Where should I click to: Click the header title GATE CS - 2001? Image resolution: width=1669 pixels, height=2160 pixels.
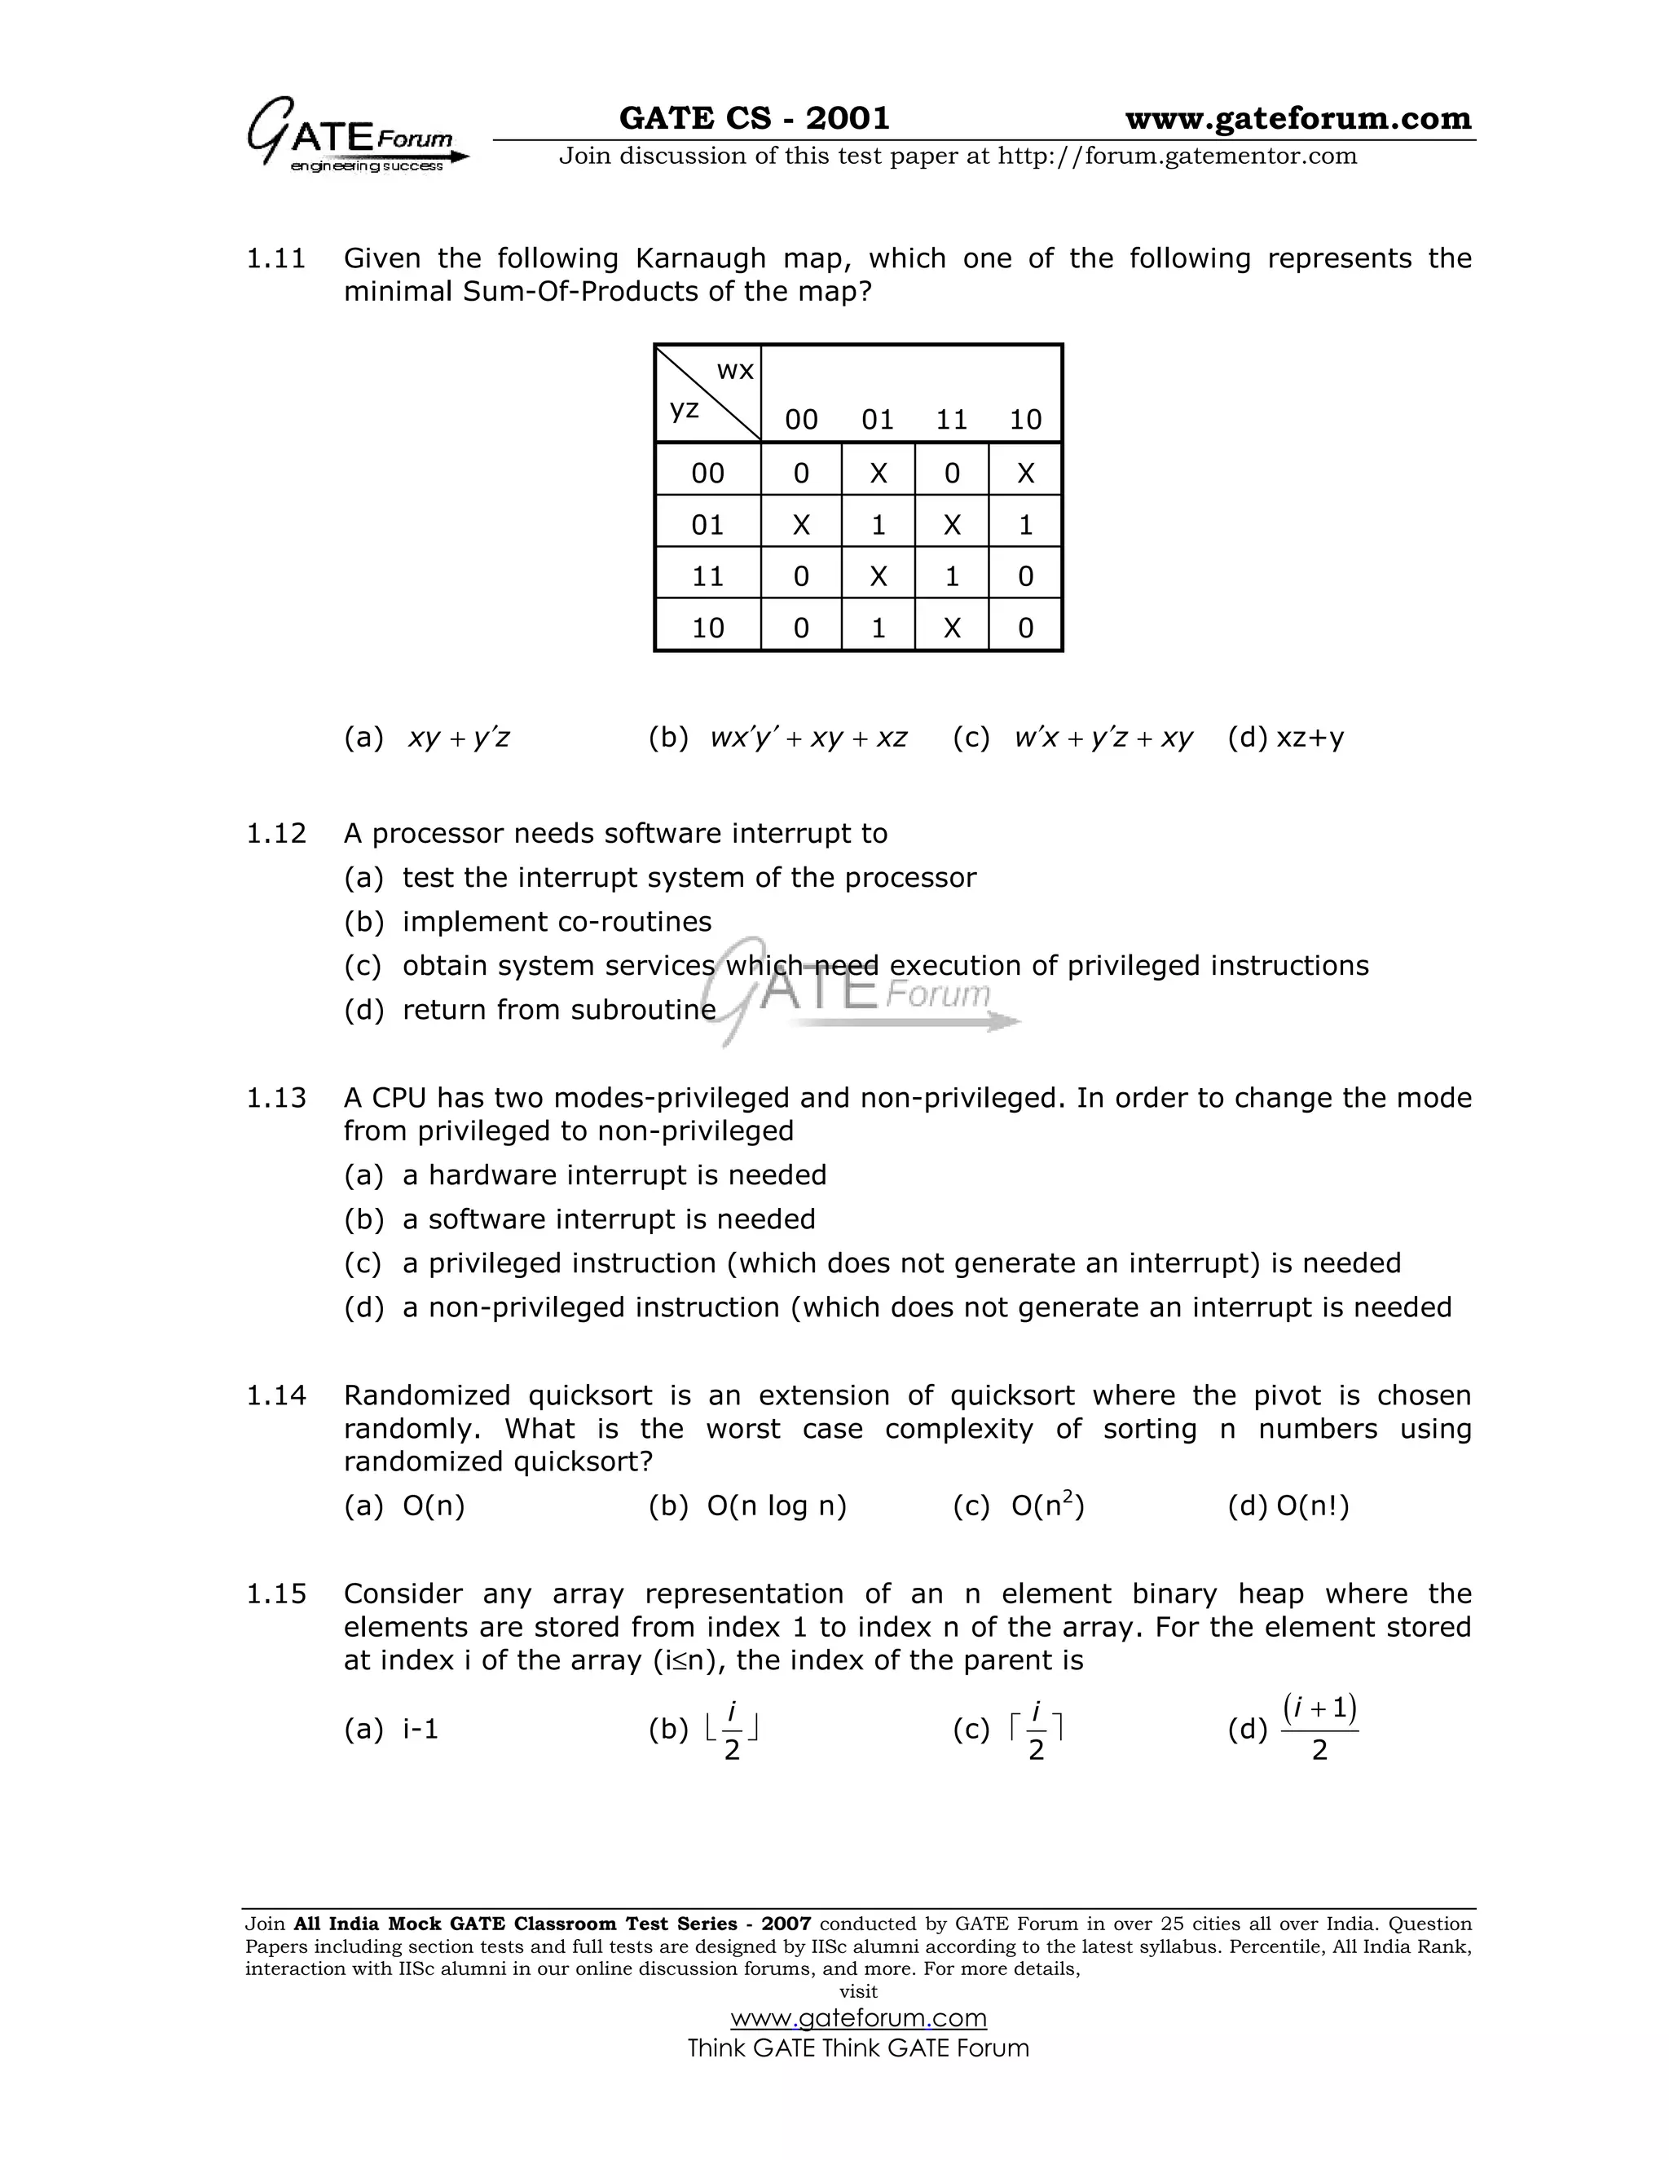(754, 119)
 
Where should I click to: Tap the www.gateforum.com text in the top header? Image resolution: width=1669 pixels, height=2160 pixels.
(1297, 119)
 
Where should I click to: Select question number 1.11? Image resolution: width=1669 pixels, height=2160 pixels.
(276, 259)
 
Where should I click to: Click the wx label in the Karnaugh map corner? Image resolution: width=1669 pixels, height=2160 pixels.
(734, 371)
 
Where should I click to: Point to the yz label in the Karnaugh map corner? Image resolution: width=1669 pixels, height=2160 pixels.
(685, 408)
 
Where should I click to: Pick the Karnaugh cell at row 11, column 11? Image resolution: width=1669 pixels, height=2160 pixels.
(951, 575)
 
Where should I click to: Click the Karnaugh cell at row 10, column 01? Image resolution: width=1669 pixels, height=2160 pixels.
(877, 627)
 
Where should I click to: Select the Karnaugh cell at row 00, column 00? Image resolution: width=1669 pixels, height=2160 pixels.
(801, 473)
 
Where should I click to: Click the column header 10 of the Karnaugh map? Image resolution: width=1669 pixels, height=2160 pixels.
(1025, 419)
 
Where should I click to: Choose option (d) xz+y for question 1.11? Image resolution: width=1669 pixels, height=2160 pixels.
(1285, 737)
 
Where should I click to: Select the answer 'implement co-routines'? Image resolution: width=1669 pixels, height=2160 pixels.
(557, 922)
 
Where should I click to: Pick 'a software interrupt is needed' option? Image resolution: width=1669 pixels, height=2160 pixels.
(609, 1219)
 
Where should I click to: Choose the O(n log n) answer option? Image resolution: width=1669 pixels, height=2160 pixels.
(775, 1506)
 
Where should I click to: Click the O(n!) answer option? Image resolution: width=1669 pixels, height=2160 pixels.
(1311, 1506)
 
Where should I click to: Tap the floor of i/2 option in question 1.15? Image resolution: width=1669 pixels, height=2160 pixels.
(732, 1729)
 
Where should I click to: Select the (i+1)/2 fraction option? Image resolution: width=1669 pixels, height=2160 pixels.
(1319, 1729)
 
